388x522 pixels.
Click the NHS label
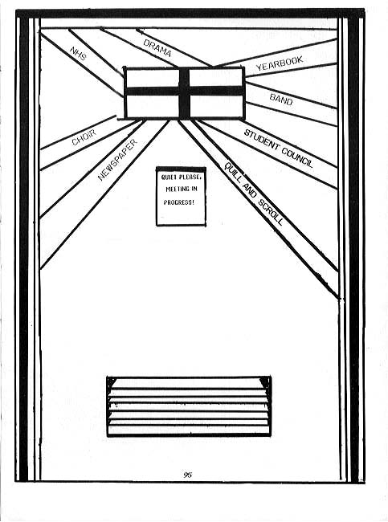click(79, 53)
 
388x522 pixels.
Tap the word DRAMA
click(157, 48)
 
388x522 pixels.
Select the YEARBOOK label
click(280, 63)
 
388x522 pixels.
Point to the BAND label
click(281, 100)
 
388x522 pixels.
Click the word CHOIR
click(84, 137)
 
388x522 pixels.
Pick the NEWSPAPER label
click(117, 160)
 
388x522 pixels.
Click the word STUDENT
click(262, 141)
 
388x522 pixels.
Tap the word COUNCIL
click(297, 157)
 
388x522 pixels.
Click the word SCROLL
click(271, 212)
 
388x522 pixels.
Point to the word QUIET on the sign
click(169, 177)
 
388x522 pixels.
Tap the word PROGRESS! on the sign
click(178, 202)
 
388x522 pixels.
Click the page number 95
click(187, 475)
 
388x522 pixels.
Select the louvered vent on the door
click(189, 406)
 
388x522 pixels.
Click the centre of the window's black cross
click(184, 91)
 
